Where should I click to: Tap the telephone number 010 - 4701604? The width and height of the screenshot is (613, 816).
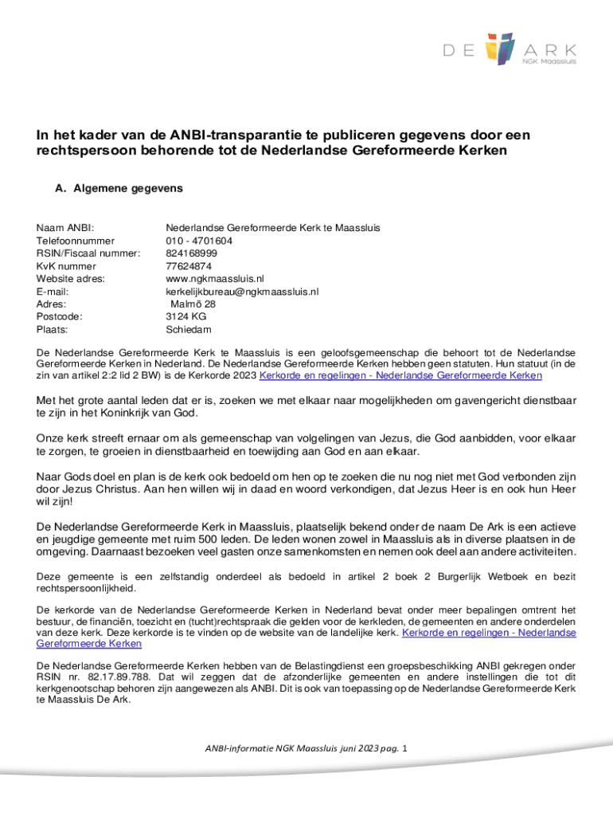coord(199,241)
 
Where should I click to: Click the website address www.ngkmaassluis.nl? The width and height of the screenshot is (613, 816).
coord(214,279)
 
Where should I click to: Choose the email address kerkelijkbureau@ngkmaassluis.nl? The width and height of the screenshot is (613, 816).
coord(242,292)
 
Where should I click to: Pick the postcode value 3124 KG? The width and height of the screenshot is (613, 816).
coord(186,316)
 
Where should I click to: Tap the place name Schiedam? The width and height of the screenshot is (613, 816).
coord(189,329)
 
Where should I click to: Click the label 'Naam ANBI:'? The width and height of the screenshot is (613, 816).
coord(66,228)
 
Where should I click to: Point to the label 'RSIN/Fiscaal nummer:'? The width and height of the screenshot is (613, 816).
coord(88,253)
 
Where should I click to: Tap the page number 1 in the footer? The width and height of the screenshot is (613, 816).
coord(406,749)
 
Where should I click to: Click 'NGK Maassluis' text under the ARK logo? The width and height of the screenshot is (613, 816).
coord(549,60)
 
